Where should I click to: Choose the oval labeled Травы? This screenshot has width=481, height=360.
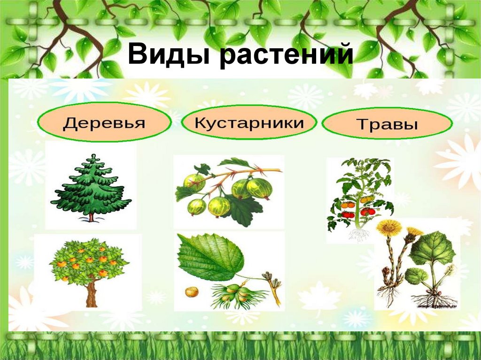[x=387, y=124]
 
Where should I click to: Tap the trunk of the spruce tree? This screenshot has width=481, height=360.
[x=91, y=216]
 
